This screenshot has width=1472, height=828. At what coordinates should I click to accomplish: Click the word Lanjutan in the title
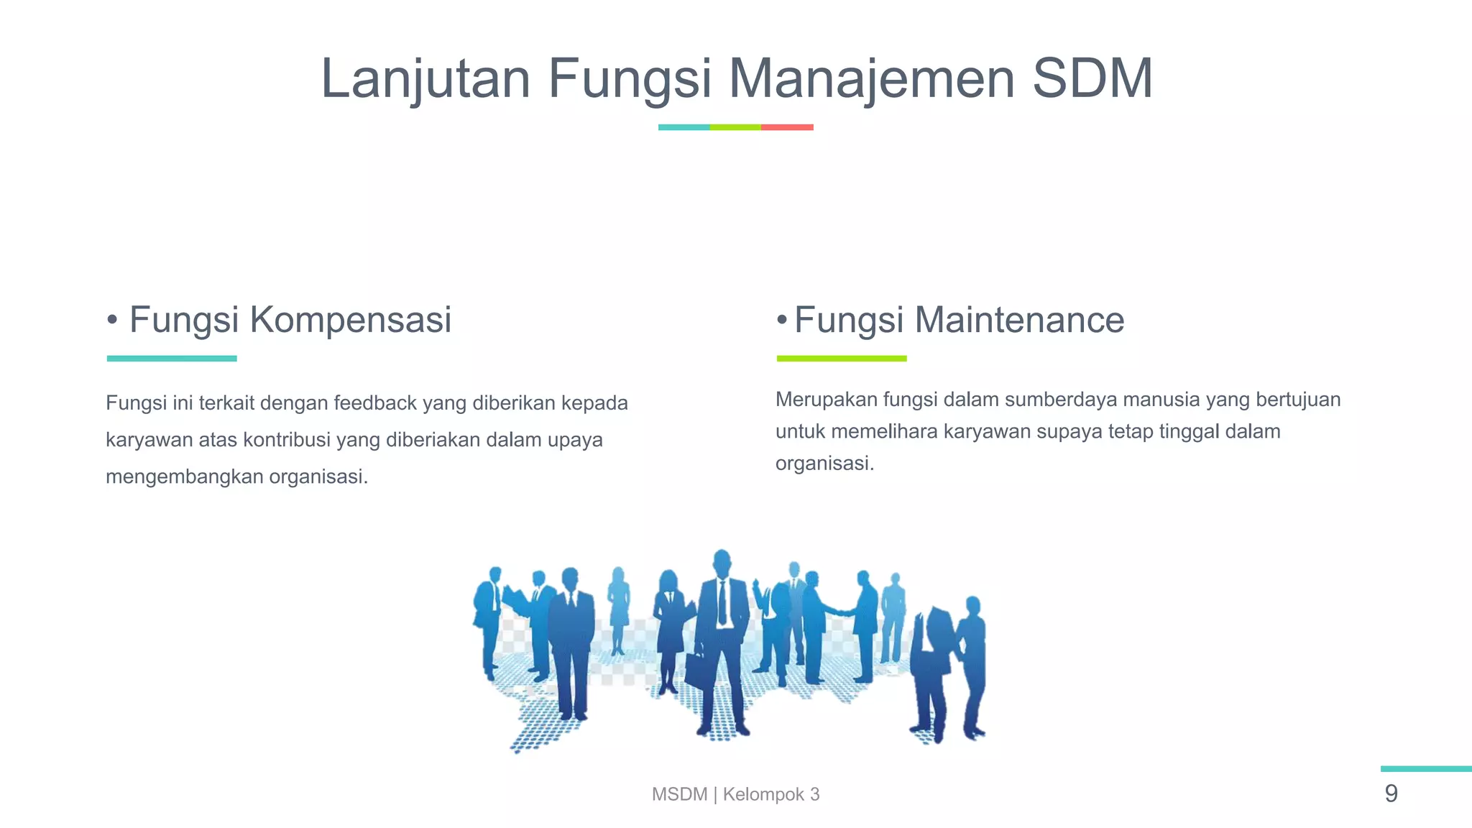coord(425,79)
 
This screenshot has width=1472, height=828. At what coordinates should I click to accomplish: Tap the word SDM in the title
coord(1092,79)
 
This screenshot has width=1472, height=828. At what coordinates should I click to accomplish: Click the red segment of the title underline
coord(787,127)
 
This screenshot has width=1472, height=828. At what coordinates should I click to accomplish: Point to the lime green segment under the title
coord(735,127)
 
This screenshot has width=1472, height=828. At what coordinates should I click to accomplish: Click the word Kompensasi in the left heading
coord(350,320)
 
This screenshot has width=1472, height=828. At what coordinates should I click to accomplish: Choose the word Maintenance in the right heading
coord(1019,320)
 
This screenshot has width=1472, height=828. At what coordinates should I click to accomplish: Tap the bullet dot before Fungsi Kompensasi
coord(112,319)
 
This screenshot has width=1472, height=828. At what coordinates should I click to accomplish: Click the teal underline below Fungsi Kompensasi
coord(172,358)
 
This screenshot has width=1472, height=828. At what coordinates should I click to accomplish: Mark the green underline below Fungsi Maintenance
coord(842,358)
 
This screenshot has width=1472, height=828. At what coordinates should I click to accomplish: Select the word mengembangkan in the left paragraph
coord(184,477)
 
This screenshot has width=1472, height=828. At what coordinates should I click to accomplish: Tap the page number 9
coord(1391,793)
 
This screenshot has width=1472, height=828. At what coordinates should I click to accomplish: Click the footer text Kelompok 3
coord(770,794)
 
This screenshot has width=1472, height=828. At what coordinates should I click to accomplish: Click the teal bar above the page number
coord(1426,768)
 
